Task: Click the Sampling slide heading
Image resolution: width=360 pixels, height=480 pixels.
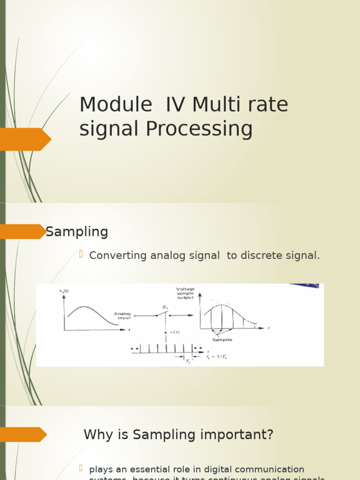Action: (77, 232)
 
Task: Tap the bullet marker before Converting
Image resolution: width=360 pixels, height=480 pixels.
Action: (80, 255)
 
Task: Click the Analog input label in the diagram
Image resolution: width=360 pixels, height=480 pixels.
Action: (122, 315)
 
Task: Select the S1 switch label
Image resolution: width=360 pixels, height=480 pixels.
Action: (165, 307)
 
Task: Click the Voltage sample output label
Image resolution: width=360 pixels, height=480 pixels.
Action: (185, 293)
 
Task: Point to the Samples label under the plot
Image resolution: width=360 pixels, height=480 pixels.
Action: (222, 339)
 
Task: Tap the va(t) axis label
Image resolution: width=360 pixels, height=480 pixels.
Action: (64, 292)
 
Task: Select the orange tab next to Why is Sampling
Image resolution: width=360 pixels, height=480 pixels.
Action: (23, 435)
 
